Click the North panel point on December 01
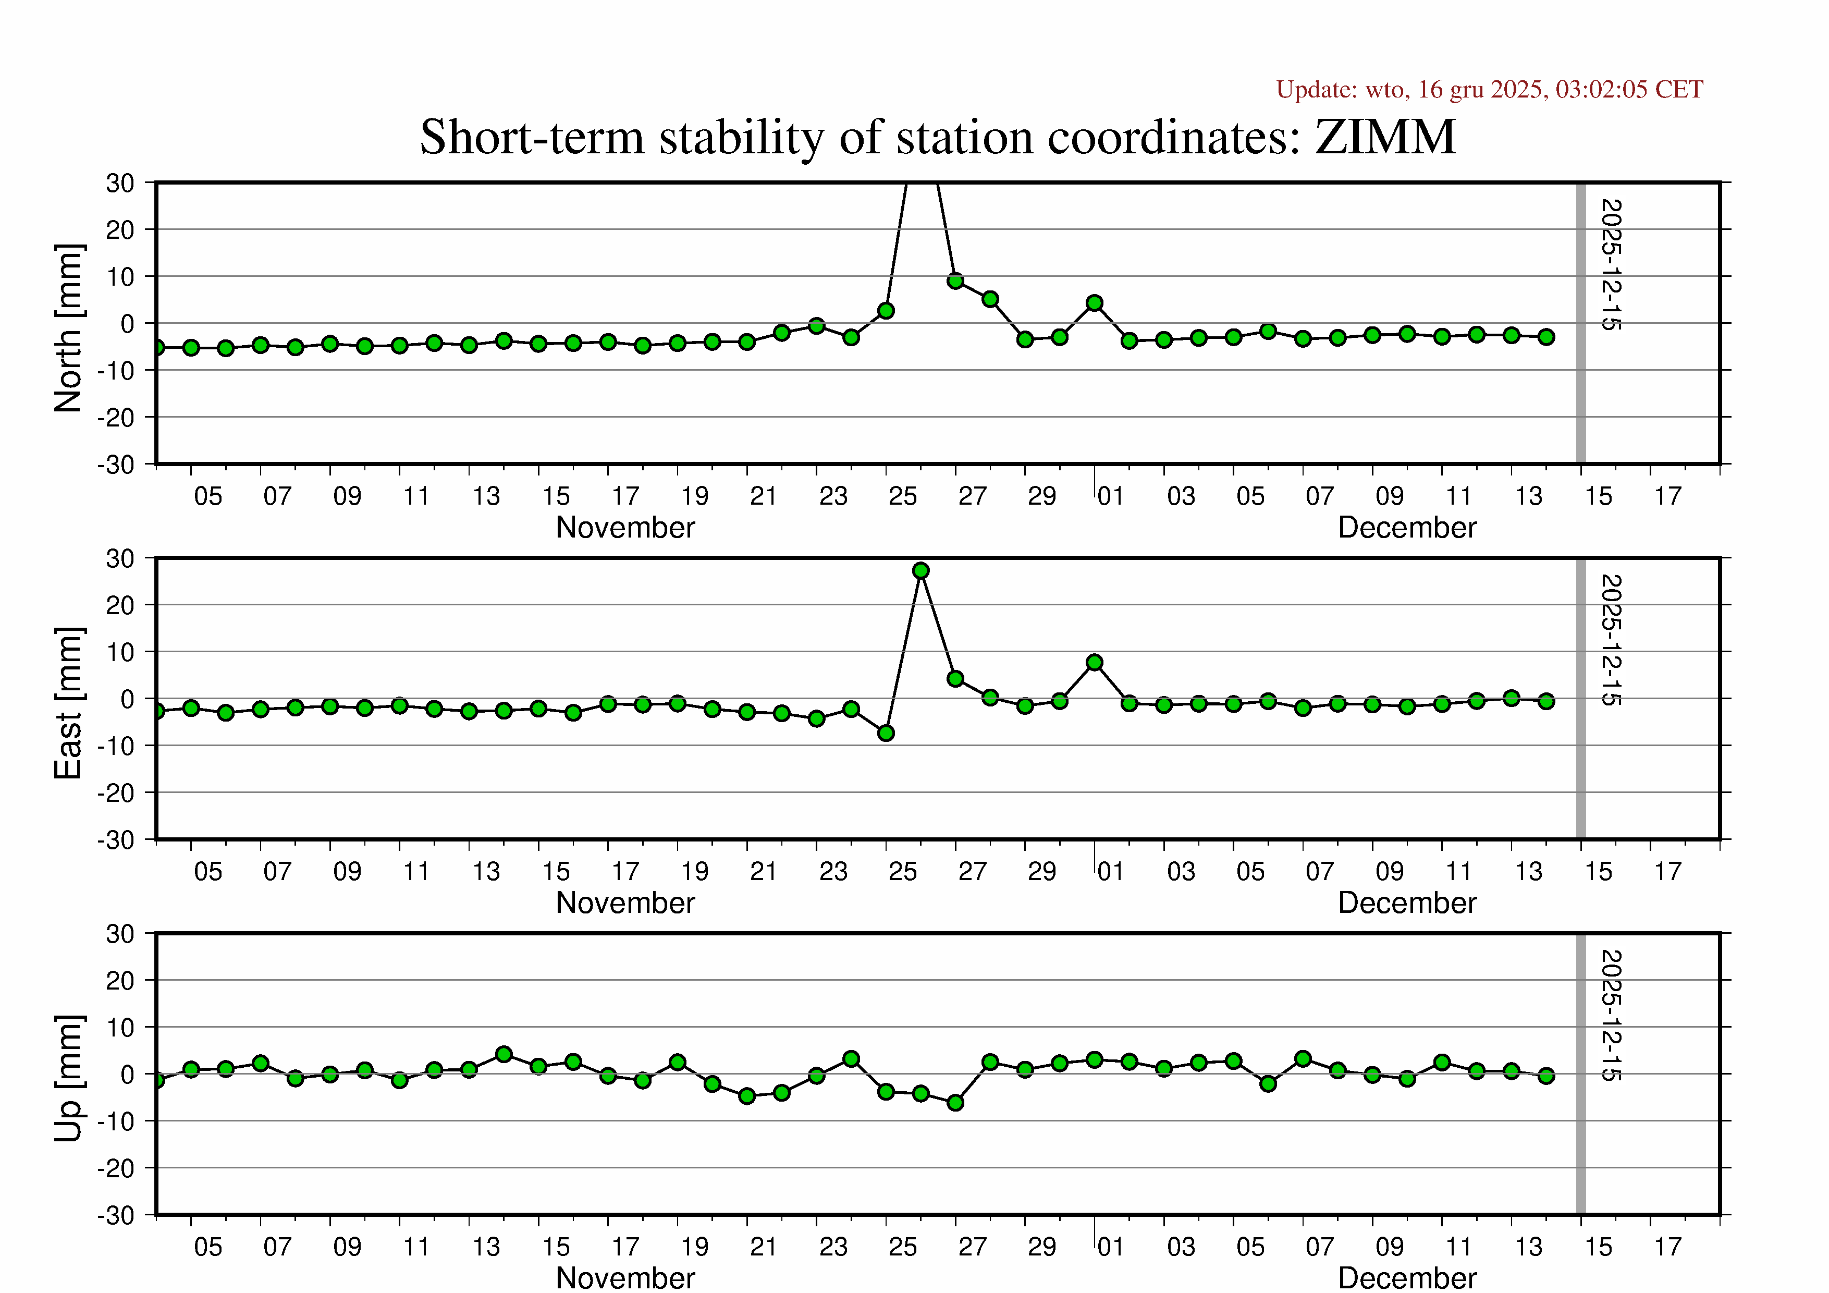coord(1095,303)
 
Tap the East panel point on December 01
coord(1095,662)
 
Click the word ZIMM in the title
coord(1385,137)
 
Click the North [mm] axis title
coord(68,328)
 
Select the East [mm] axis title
coord(68,703)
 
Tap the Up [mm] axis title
coord(68,1078)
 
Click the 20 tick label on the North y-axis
coord(120,230)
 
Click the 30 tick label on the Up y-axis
coord(120,934)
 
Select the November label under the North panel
coord(625,528)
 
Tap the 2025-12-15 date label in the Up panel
coord(1611,1015)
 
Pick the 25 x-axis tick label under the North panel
coord(903,496)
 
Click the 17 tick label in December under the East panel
coord(1667,872)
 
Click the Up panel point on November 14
coord(504,1054)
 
